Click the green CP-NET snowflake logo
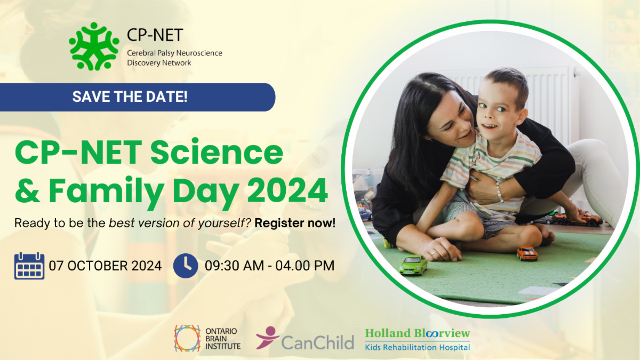tap(94, 46)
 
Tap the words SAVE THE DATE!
tap(130, 97)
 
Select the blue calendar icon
tap(29, 266)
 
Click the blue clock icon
tap(186, 266)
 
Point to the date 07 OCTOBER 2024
tap(105, 266)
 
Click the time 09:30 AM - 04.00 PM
tap(269, 266)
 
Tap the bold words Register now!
tap(295, 223)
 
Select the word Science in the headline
tap(217, 152)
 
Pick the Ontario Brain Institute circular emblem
tap(187, 338)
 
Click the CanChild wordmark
tap(317, 342)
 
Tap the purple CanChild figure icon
tap(267, 338)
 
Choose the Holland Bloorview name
tap(418, 333)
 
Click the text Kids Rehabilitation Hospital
tap(418, 347)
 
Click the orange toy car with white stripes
tap(527, 253)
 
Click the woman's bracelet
tap(499, 192)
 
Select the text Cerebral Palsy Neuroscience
tap(174, 53)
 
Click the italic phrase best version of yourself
tap(180, 223)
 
